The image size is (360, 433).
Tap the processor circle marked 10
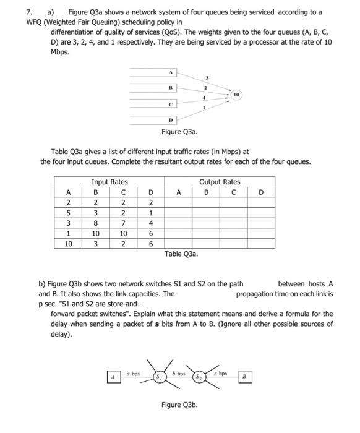(x=237, y=95)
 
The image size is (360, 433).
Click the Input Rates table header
(x=109, y=182)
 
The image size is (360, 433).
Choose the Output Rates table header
(x=220, y=182)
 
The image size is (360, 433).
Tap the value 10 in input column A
(x=68, y=244)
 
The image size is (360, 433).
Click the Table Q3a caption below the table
(x=181, y=254)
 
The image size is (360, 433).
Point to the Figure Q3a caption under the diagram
(x=179, y=131)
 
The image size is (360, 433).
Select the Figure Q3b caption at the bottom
(x=179, y=406)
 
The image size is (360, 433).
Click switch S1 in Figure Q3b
(x=160, y=375)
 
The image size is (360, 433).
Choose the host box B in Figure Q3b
(x=244, y=375)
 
